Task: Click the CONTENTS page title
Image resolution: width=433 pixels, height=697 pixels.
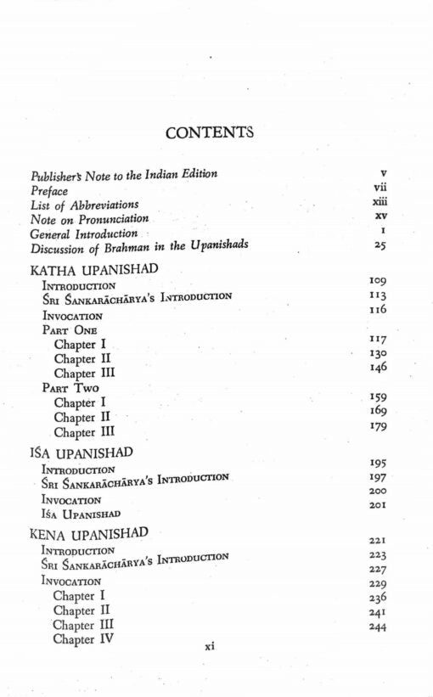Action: pyautogui.click(x=210, y=132)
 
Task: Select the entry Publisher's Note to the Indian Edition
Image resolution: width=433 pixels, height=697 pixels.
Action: pyautogui.click(x=124, y=175)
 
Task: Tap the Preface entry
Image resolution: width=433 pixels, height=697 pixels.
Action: pyautogui.click(x=49, y=191)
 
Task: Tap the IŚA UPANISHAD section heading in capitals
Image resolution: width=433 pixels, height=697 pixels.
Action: pyautogui.click(x=81, y=452)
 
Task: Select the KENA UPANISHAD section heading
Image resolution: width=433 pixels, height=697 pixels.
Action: pyautogui.click(x=89, y=534)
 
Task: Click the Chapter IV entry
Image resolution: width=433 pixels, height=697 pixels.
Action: pyautogui.click(x=85, y=638)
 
